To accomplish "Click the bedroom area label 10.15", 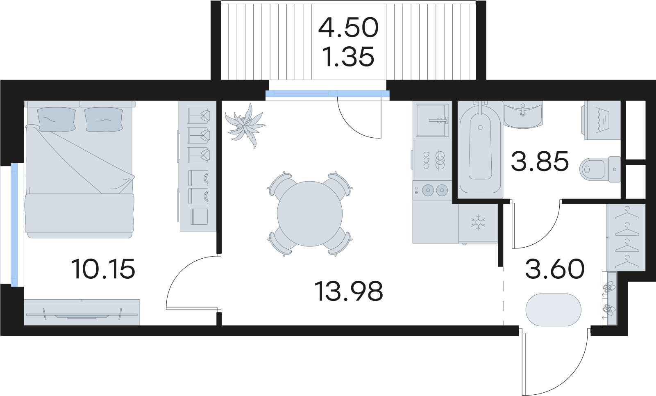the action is pos(103,269).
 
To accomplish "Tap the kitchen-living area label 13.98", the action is pos(349,291).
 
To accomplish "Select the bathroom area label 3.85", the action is pos(540,161).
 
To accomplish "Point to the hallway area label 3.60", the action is pos(555,269).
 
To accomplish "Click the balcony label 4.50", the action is pos(348,28).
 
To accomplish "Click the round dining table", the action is pos(310,214).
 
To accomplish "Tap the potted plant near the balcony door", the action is pos(245,126).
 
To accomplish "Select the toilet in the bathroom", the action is pos(600,169).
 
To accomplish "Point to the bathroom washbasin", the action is pos(523,115).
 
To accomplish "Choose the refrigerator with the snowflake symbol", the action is pos(478,223).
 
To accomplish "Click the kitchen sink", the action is pos(432,120).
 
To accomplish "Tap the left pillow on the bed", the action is pos(57,119).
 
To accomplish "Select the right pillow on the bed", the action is pos(104,119).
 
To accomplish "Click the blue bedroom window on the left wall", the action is pos(14,225).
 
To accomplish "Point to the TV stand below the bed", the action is pos(82,312).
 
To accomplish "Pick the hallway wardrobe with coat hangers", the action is pos(626,237).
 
